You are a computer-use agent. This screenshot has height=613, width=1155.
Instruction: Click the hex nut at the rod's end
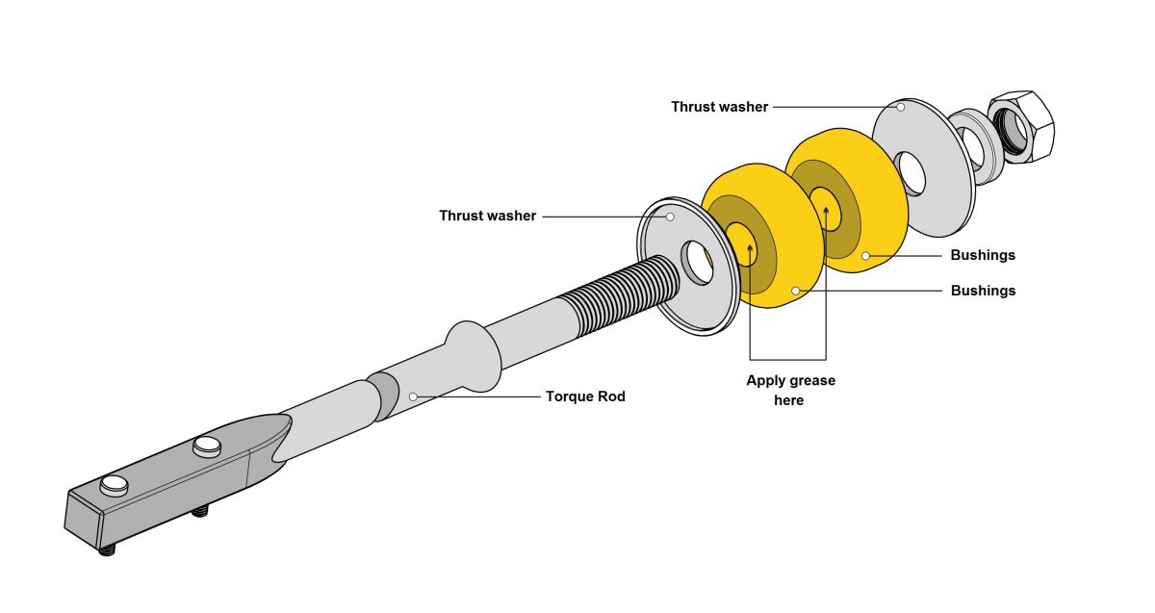[1022, 125]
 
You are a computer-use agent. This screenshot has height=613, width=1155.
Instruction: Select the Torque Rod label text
[585, 396]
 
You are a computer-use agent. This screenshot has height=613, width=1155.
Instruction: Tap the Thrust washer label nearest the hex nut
[719, 107]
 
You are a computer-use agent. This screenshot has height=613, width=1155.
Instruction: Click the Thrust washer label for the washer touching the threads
[487, 216]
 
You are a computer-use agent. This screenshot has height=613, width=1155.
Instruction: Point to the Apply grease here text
[790, 390]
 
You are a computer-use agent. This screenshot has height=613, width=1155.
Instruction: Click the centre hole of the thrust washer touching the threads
[697, 263]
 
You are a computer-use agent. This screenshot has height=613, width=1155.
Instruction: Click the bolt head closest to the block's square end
[114, 484]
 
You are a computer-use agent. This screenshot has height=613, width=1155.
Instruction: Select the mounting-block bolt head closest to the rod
[206, 446]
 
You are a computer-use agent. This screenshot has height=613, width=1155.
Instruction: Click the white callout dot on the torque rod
[412, 396]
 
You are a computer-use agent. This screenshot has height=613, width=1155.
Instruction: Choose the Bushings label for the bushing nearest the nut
[983, 255]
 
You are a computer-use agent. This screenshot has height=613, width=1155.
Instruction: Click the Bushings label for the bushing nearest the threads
[983, 290]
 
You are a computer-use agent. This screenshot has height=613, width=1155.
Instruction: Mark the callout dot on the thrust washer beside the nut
[901, 107]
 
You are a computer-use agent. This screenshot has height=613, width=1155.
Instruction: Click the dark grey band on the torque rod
[383, 396]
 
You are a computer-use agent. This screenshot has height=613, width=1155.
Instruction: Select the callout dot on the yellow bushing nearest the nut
[865, 255]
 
